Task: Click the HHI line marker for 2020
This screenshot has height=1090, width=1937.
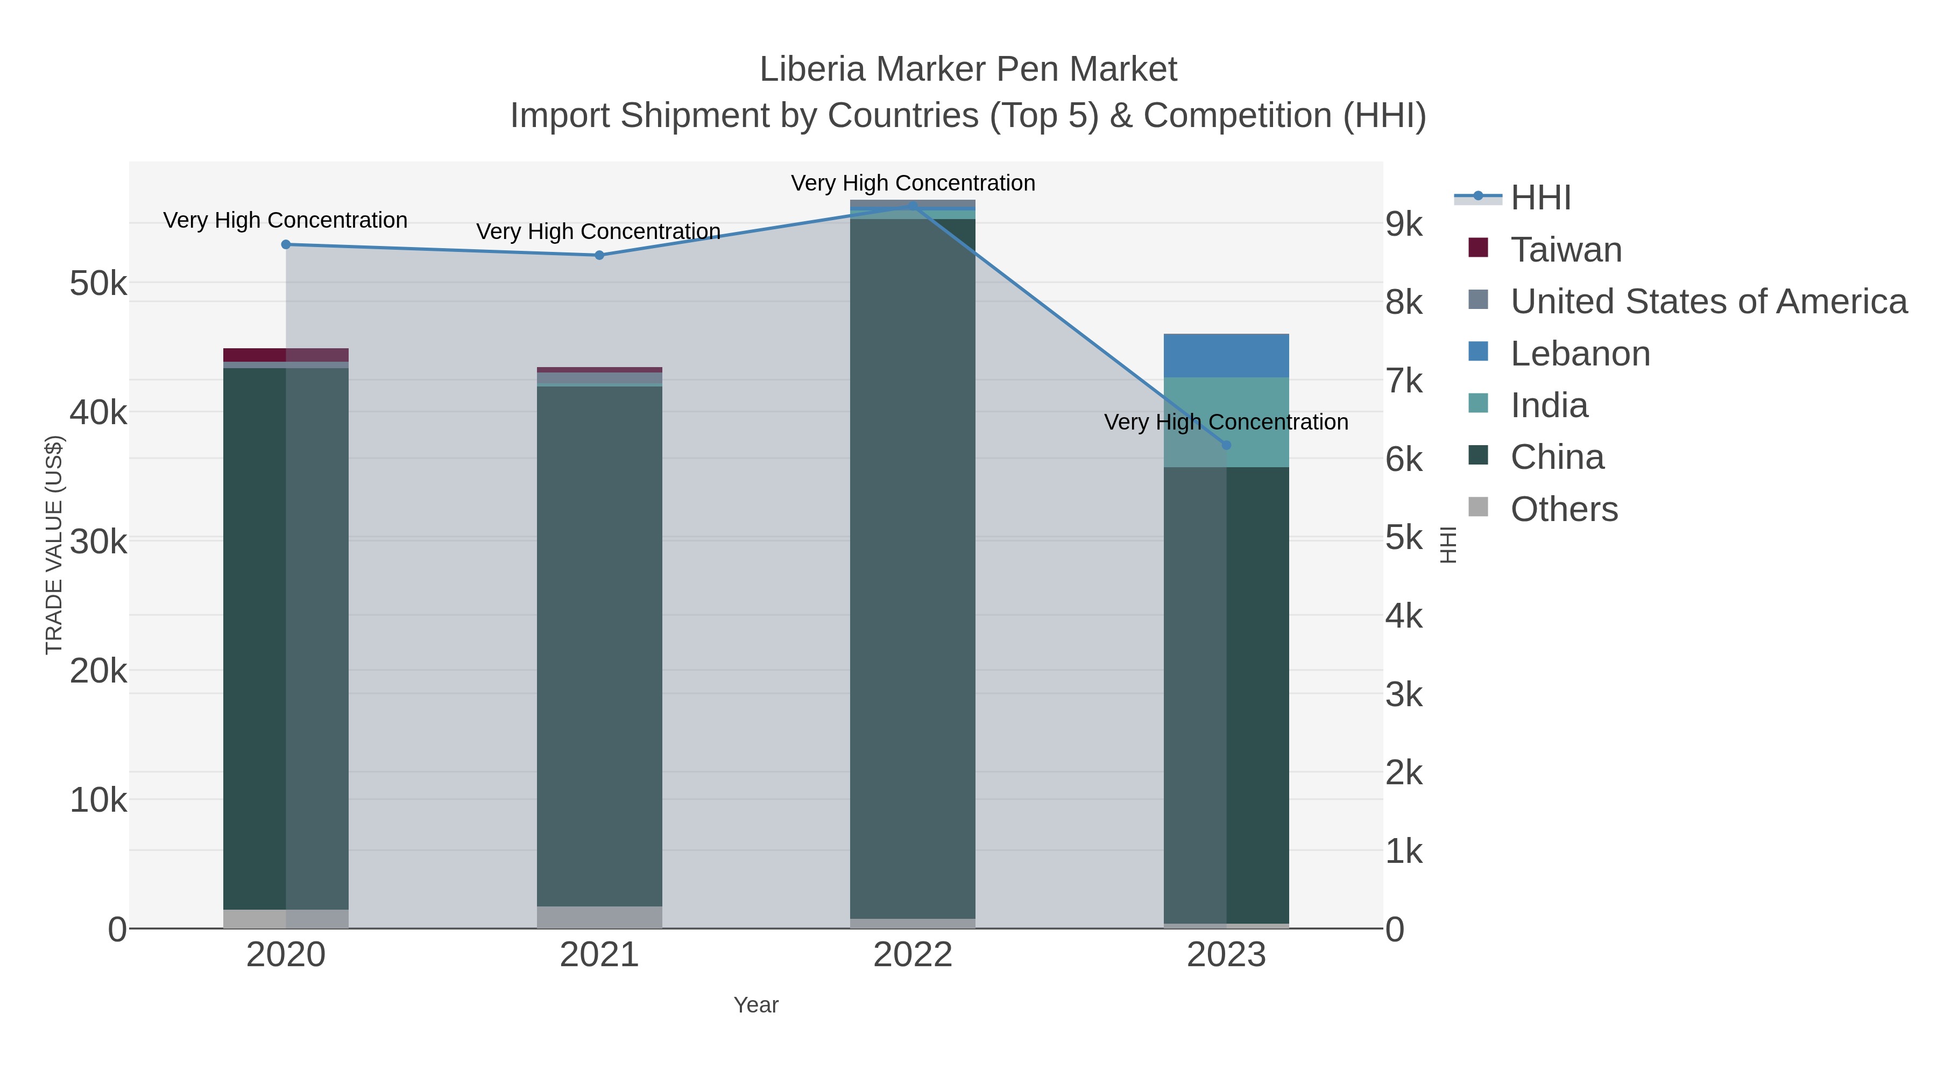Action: click(286, 244)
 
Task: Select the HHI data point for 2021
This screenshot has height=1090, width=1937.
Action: click(599, 255)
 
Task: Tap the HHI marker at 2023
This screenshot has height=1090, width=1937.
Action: click(1226, 445)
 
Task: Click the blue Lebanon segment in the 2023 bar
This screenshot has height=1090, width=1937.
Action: click(1226, 355)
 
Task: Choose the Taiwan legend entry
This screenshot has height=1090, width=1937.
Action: click(1566, 249)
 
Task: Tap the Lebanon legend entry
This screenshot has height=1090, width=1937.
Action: click(1579, 354)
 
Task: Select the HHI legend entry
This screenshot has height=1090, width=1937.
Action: click(1540, 198)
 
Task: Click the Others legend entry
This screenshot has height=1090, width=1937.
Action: click(1563, 509)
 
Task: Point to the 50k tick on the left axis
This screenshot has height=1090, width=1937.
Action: click(98, 284)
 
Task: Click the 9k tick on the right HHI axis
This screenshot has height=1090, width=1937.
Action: click(1404, 224)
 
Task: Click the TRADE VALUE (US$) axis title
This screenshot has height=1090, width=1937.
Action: click(54, 545)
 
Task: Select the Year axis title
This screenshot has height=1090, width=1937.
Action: click(756, 1005)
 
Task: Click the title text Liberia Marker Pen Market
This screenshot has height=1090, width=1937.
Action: click(968, 69)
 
